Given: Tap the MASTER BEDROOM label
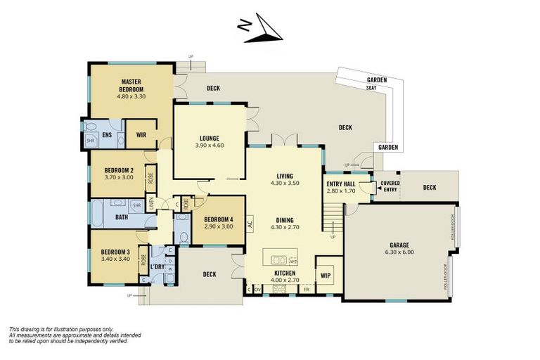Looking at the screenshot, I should tap(131, 86).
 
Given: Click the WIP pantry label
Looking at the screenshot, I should tap(325, 275).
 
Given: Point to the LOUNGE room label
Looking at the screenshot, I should tap(210, 138).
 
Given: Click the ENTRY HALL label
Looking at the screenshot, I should tap(341, 184).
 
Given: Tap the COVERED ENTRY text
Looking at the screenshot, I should tap(390, 186).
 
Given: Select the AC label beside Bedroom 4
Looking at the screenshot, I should tap(250, 217).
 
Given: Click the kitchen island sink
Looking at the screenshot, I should tap(278, 258).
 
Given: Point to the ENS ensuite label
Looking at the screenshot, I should tap(108, 135).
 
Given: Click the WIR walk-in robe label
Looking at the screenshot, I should tap(141, 135).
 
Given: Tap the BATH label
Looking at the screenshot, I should tap(121, 217).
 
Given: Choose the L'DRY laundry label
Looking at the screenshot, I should tap(156, 268).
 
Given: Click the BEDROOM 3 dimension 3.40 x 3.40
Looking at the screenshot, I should tap(115, 259).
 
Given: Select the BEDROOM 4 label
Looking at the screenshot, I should tap(218, 219).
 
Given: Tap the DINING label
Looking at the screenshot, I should tap(285, 219).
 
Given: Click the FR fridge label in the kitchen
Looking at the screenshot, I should tap(307, 289).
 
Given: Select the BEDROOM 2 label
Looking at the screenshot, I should tap(119, 170).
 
